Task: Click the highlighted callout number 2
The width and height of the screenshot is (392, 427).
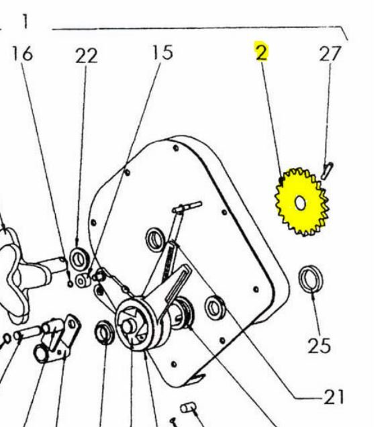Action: (262, 52)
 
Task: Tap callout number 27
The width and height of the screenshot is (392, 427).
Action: (330, 54)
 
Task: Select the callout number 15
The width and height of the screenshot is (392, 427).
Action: (162, 52)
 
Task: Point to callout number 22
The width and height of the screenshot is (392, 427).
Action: (87, 56)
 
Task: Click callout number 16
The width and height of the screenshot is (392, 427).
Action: (22, 54)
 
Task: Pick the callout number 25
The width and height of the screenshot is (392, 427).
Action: (319, 346)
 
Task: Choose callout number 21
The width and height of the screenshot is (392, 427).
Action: (334, 397)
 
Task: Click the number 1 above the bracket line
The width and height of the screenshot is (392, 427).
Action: (25, 21)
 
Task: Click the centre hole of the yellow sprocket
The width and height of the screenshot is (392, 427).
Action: (300, 203)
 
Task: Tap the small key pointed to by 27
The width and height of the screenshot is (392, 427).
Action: (327, 171)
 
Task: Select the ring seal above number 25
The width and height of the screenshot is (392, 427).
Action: (310, 279)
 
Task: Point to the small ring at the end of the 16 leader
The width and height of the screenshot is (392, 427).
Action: (70, 284)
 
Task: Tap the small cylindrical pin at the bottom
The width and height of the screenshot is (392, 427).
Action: (188, 408)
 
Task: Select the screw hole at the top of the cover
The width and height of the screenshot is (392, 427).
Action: (176, 148)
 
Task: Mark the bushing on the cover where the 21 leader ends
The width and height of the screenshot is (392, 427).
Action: (215, 308)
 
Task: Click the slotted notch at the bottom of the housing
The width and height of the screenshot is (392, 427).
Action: (198, 378)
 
